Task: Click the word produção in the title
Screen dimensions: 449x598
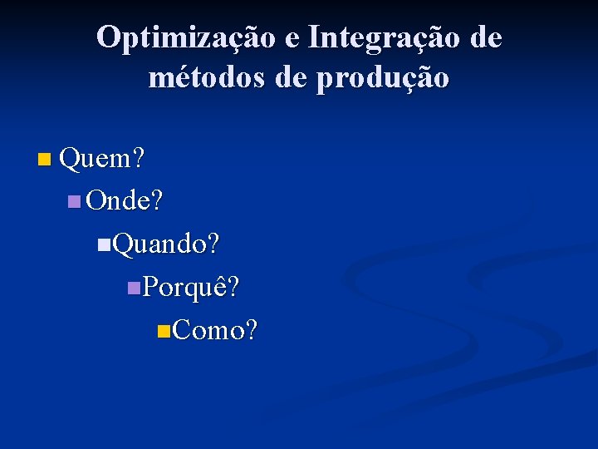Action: tap(383, 79)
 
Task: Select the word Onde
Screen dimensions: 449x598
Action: tap(118, 200)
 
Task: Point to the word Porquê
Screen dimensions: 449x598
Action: tap(185, 287)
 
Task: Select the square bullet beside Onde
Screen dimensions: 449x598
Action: tap(74, 201)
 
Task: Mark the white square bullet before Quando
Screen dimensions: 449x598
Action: tap(103, 244)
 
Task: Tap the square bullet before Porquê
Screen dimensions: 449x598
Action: tap(133, 288)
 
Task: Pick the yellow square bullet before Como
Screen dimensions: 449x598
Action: tap(163, 331)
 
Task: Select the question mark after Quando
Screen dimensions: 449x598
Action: tap(213, 244)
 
